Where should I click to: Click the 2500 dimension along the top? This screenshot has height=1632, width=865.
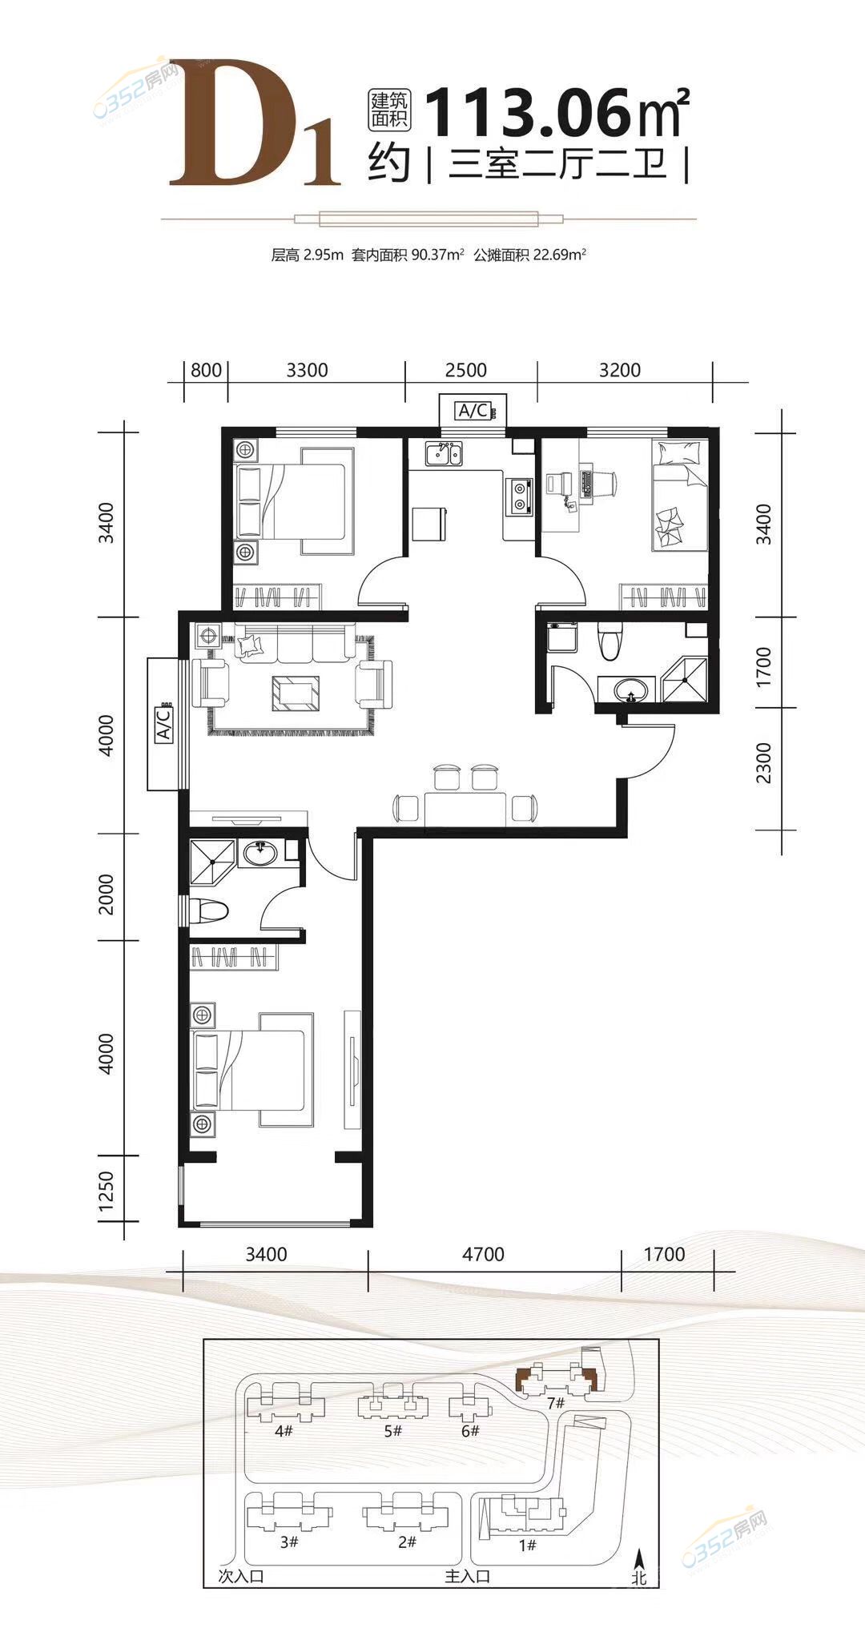pyautogui.click(x=466, y=370)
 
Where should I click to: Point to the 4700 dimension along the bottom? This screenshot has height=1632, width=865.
pyautogui.click(x=483, y=1253)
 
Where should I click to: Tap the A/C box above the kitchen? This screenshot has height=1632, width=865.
pyautogui.click(x=473, y=411)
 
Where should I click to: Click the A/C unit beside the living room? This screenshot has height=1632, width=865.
pyautogui.click(x=163, y=724)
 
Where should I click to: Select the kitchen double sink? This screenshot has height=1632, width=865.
pyautogui.click(x=443, y=454)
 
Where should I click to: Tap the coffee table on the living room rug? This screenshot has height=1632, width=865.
pyautogui.click(x=295, y=693)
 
